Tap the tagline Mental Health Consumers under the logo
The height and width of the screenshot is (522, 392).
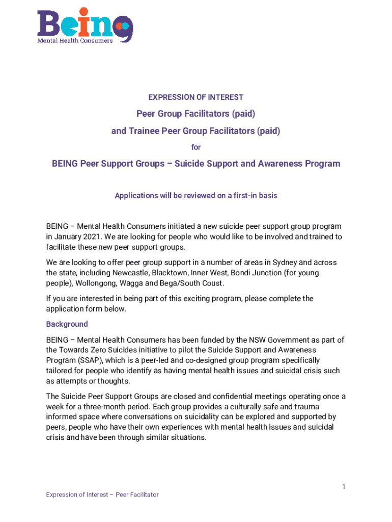click(75, 41)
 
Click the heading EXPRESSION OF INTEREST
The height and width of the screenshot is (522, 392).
click(196, 97)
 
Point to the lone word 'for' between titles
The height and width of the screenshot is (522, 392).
click(196, 147)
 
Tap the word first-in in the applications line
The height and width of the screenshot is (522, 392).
click(231, 196)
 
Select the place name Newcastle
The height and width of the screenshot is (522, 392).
click(120, 273)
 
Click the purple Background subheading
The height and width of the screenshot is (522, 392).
click(67, 324)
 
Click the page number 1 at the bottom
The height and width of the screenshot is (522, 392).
click(344, 487)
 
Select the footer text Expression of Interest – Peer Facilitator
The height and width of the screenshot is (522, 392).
click(102, 494)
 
